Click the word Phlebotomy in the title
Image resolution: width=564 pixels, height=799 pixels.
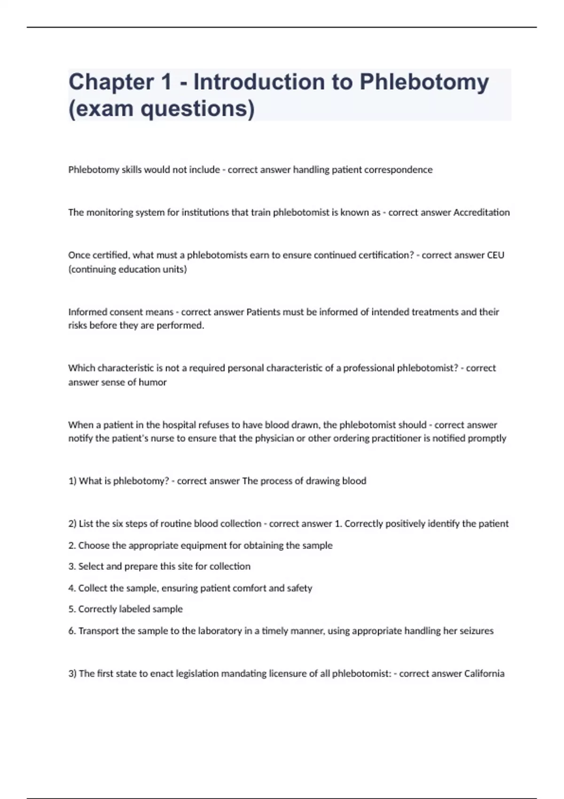click(424, 82)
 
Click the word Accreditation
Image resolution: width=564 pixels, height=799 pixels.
click(481, 212)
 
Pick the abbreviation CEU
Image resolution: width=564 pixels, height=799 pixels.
click(495, 255)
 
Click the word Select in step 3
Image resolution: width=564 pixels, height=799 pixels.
click(91, 566)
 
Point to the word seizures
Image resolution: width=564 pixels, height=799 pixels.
click(475, 631)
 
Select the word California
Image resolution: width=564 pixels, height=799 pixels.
click(484, 674)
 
